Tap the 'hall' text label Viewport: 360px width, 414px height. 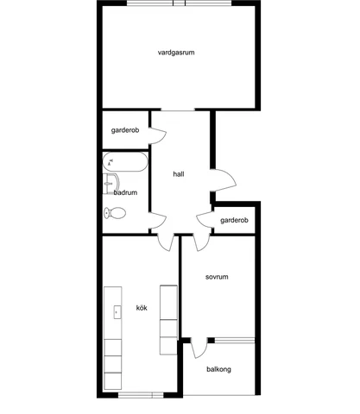179,173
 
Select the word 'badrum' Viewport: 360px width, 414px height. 126,192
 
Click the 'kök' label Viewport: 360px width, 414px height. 142,308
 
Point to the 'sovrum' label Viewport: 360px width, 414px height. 216,277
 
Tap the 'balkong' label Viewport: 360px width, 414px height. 218,369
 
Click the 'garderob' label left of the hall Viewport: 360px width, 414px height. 125,130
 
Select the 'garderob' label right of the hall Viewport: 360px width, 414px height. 233,221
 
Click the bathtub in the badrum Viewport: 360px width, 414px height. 124,161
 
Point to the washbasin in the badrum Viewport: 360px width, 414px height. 110,182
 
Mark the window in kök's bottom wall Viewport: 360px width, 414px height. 140,395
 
